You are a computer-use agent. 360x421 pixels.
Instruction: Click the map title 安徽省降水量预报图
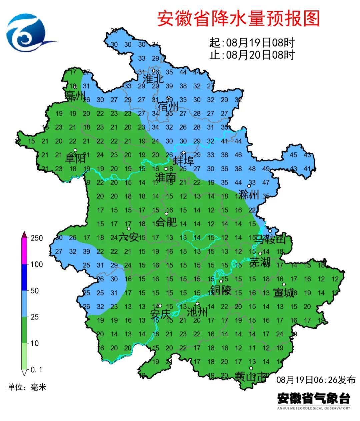point(238,18)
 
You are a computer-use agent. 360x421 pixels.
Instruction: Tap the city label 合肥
point(166,222)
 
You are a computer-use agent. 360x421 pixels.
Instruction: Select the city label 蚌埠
point(183,162)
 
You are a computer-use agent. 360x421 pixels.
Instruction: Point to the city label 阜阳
point(75,159)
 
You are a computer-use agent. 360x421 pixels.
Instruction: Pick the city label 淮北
point(153,79)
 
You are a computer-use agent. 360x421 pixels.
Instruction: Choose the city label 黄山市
point(251,377)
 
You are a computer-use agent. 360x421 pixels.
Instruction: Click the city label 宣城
point(284,293)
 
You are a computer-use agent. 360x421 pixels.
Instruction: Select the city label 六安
point(129,237)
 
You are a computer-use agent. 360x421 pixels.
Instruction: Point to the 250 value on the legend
point(37,238)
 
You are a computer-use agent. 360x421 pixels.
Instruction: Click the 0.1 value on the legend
point(36,370)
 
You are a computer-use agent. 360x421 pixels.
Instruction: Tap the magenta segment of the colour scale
point(24,251)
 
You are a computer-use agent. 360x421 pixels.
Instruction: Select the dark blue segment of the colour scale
point(24,277)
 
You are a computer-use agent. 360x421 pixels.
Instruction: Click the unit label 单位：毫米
point(27,387)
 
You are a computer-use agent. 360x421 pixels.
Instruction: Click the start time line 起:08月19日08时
point(252,43)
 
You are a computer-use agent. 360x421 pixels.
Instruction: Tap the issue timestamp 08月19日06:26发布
point(316,380)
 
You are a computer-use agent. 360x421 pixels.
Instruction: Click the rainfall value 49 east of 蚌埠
point(266,169)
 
